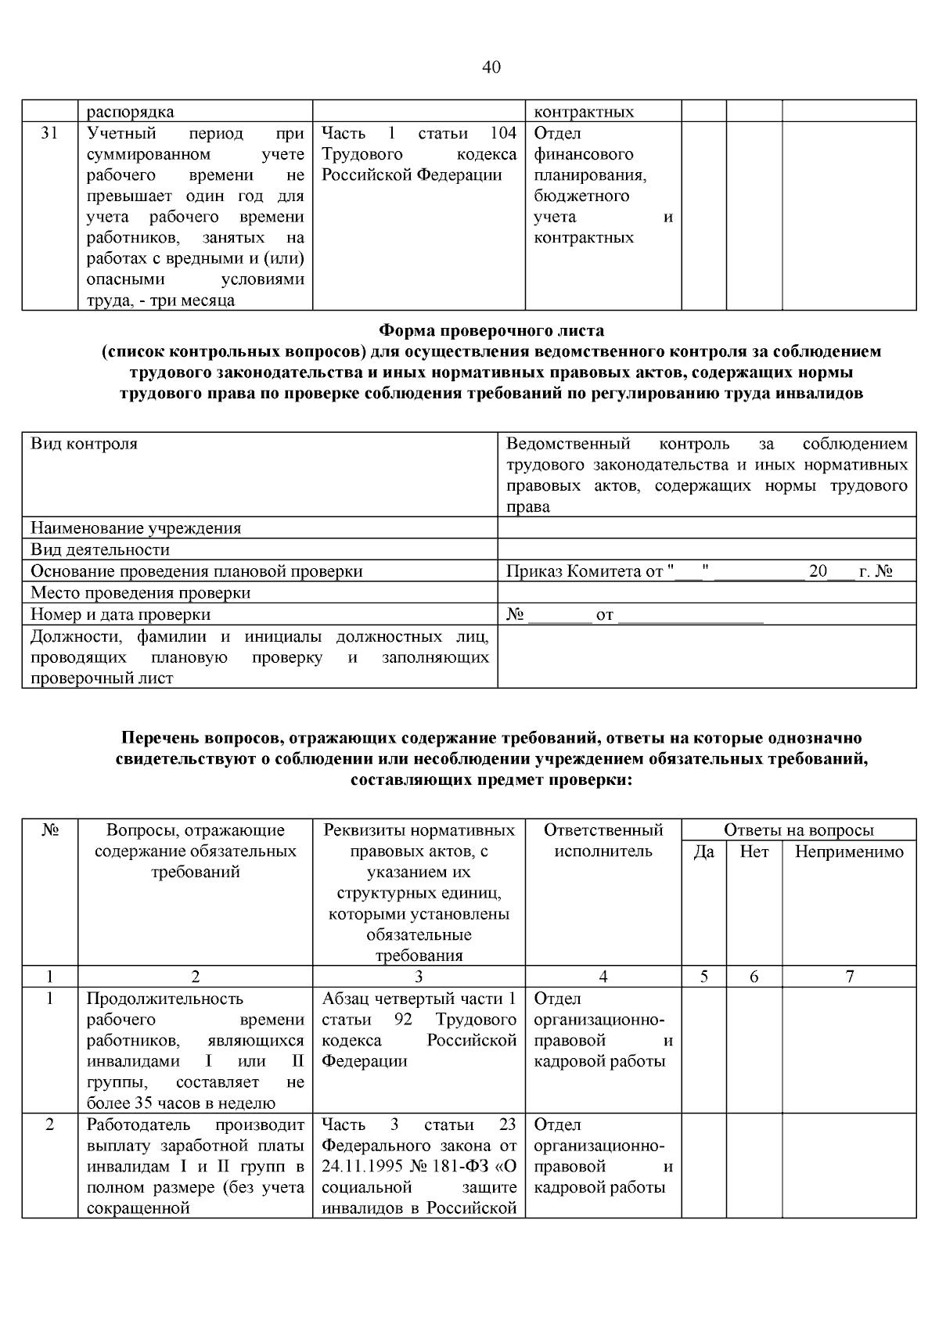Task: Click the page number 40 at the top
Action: click(x=491, y=67)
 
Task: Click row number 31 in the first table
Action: click(x=49, y=134)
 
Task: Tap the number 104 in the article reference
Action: click(x=503, y=134)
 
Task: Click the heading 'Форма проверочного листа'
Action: click(x=491, y=330)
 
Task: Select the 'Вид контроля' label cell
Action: click(x=84, y=444)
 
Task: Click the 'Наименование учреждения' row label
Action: click(x=135, y=528)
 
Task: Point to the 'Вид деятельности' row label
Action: click(x=100, y=549)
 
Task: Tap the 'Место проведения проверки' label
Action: click(x=141, y=592)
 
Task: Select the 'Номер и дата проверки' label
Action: click(x=121, y=614)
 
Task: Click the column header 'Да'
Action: click(x=703, y=851)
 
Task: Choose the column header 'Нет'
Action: click(x=754, y=851)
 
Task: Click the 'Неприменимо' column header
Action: click(x=849, y=851)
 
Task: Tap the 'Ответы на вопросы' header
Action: click(x=798, y=830)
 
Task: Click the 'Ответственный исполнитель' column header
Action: click(x=603, y=840)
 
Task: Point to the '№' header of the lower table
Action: click(x=49, y=830)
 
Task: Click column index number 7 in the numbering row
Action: click(x=849, y=976)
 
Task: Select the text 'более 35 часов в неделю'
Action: click(x=181, y=1103)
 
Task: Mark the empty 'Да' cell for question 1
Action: click(x=703, y=1049)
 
